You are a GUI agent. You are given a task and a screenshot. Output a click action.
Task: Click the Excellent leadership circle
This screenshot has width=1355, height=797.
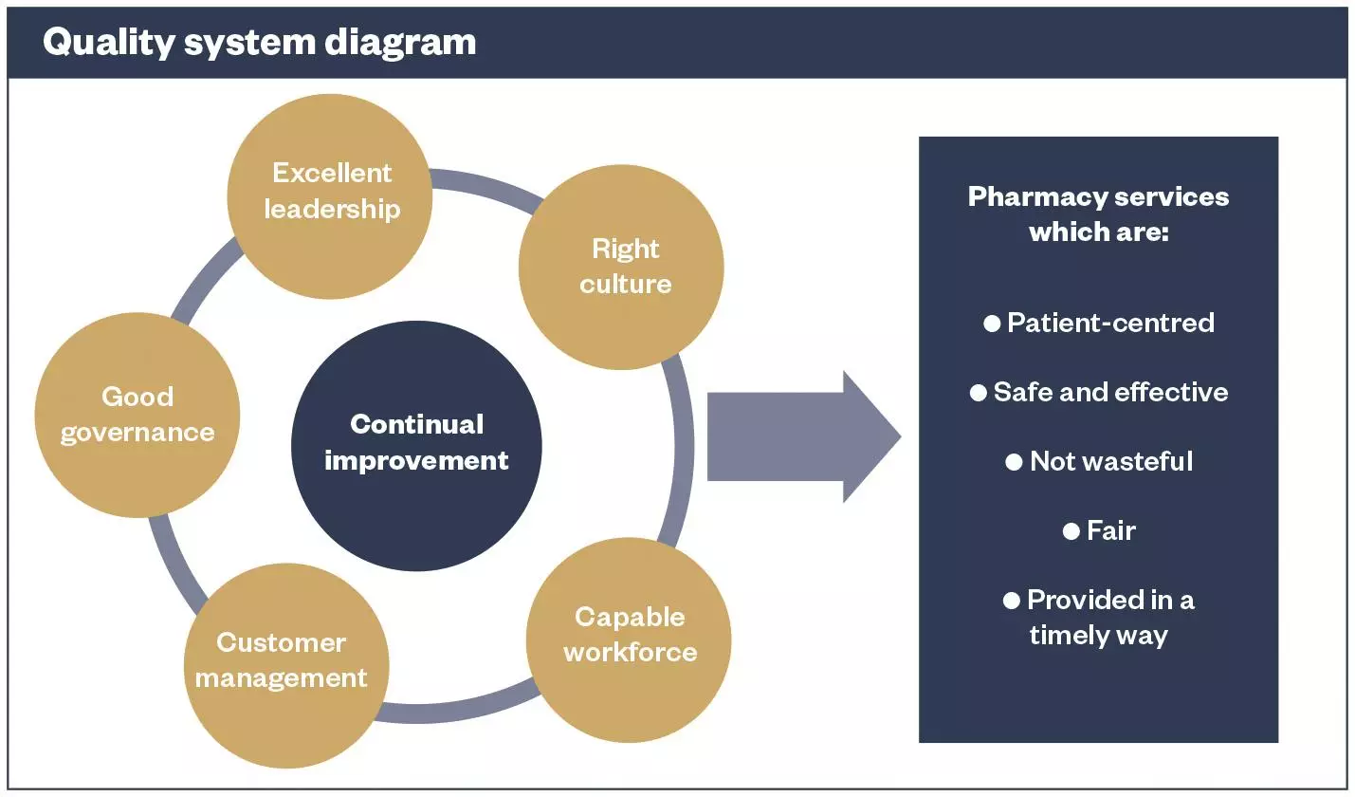coord(330,195)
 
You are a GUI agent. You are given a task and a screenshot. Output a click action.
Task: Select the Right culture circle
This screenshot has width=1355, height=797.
coord(621,268)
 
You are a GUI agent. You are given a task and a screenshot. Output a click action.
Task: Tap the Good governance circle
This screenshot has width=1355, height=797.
coord(137,415)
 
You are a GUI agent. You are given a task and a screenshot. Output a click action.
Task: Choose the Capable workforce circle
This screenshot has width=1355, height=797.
coord(629,638)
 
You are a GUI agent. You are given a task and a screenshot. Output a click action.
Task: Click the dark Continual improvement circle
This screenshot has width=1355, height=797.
coord(416,446)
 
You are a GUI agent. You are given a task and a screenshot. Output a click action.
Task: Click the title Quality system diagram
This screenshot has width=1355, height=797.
coord(259,42)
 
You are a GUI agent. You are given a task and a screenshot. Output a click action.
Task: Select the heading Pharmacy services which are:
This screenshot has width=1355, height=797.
coord(1098,213)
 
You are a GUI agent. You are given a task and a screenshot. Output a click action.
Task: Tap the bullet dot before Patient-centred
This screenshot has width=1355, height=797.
coord(992,324)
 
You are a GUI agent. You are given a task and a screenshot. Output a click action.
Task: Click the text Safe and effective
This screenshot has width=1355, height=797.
coord(1110,392)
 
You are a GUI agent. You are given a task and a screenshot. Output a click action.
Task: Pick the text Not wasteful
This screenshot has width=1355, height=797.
coord(1111,461)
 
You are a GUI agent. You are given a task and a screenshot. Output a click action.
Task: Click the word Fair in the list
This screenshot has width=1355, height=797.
coord(1110,530)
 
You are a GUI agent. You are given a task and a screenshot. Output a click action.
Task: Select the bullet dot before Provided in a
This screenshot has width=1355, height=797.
coord(1012,601)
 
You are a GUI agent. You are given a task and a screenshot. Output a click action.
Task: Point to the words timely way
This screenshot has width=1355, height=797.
coord(1098,635)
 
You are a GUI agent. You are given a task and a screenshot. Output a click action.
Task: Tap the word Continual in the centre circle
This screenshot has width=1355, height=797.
coord(416,424)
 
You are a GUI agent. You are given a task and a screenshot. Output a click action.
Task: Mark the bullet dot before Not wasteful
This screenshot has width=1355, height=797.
coord(1014,462)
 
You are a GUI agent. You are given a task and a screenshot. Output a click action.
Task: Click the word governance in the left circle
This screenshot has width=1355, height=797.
coord(137,433)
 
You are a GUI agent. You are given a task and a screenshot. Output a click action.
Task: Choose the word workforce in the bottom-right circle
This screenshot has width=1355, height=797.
coord(630,653)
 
